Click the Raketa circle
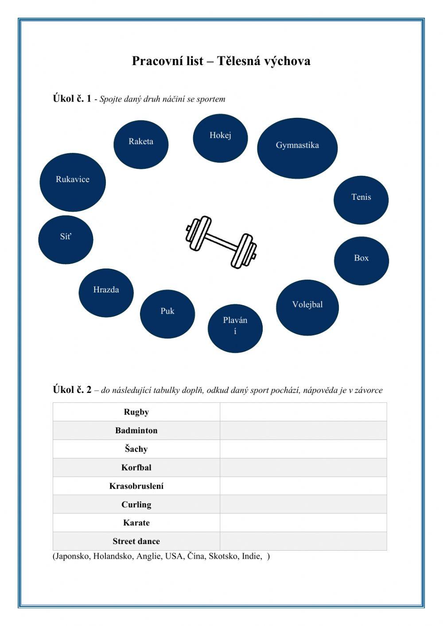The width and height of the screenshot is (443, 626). [141, 144]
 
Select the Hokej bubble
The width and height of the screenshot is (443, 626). [220, 138]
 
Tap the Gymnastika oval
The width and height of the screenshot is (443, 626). [297, 148]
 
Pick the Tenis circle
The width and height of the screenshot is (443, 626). [361, 200]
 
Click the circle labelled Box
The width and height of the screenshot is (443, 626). [361, 261]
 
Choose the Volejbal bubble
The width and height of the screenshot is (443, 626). [307, 307]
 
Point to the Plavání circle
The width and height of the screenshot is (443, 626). [235, 328]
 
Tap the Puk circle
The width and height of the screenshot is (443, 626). [167, 314]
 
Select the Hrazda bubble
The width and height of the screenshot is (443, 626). [106, 292]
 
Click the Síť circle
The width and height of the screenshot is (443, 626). [66, 240]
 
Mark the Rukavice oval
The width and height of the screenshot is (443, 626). [73, 182]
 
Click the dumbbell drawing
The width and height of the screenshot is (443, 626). [221, 241]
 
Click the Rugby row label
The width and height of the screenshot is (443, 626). [136, 412]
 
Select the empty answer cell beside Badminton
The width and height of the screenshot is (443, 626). [303, 431]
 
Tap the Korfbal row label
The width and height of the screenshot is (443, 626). [136, 467]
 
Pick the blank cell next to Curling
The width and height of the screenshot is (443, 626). [303, 505]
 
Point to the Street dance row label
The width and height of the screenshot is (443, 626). [136, 541]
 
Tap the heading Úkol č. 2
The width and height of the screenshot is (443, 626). [72, 390]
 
